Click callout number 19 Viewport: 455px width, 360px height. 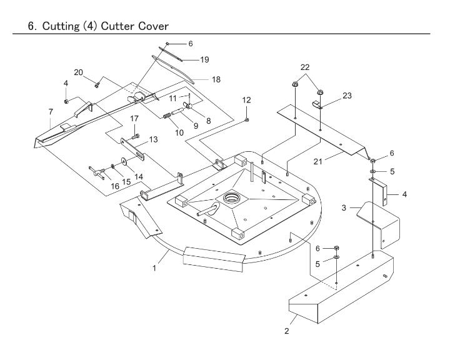[x=204, y=59]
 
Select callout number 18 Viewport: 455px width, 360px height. [x=216, y=79]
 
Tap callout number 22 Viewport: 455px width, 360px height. [x=305, y=67]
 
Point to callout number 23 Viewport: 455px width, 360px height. [x=347, y=96]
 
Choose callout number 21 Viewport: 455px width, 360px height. [x=317, y=161]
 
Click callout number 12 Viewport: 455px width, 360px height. [x=246, y=100]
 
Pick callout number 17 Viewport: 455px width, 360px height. [x=134, y=118]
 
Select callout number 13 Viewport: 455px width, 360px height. [x=154, y=139]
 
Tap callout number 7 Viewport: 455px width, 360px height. [x=51, y=111]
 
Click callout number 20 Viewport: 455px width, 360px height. [x=78, y=72]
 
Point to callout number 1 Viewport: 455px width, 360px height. [x=154, y=267]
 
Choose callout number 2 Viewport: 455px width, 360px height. [x=287, y=331]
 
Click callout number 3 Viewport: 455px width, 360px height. [x=344, y=207]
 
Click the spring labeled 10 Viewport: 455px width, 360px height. [x=167, y=116]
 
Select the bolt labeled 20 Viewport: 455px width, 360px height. [x=97, y=85]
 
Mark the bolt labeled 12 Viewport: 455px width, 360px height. [x=247, y=119]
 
